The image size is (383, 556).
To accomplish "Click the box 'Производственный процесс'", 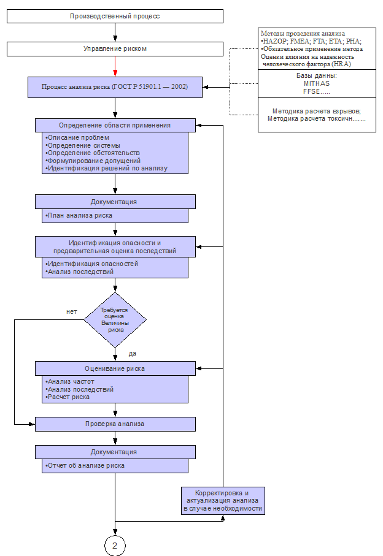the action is [x=115, y=17].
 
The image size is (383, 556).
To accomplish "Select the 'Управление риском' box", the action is [x=115, y=49].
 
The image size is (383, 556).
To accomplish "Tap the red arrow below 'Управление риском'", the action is [x=115, y=66].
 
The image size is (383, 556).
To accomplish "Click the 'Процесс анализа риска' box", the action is [x=115, y=87].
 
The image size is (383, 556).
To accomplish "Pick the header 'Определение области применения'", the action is [x=115, y=125].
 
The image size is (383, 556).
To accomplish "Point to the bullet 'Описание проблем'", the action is [x=77, y=137].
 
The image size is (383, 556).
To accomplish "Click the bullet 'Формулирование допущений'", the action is [x=93, y=161].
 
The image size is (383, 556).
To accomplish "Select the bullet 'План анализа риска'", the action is [x=79, y=216].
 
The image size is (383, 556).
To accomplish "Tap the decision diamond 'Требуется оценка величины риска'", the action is [x=115, y=320].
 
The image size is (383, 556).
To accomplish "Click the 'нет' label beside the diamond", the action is [x=71, y=311].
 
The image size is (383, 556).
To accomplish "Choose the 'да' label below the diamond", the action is [x=133, y=354].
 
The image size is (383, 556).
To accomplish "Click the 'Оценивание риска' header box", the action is [x=115, y=368].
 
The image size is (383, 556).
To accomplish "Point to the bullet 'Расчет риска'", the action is [x=68, y=397].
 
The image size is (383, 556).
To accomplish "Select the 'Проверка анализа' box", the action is [x=115, y=424].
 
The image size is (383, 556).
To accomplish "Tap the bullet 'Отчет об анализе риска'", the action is [x=85, y=465].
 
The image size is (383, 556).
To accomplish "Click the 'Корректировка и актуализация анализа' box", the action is [x=223, y=501].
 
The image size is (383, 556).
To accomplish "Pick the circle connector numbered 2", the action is [x=115, y=546].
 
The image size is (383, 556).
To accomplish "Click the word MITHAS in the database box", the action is [x=317, y=84].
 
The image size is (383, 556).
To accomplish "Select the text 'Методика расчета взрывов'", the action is [x=316, y=111].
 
